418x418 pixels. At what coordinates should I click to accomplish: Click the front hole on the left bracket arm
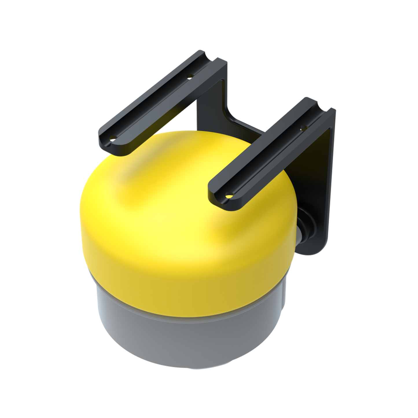113,138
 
